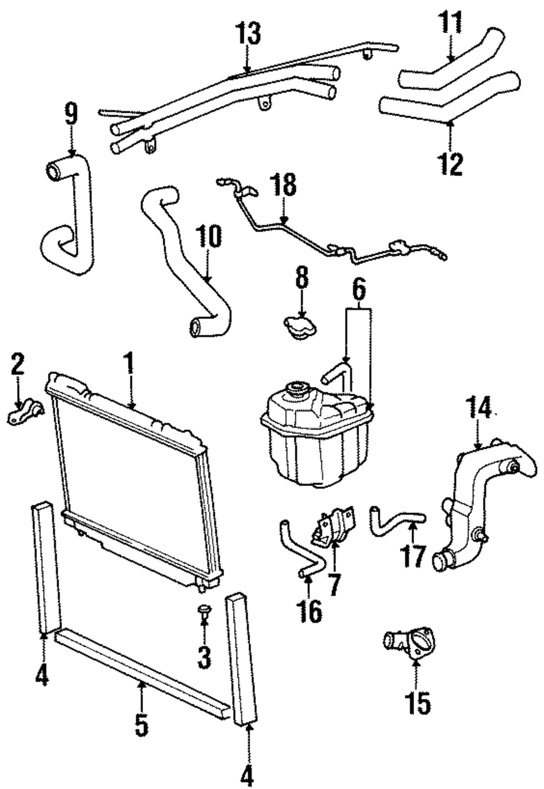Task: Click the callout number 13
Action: coord(248,34)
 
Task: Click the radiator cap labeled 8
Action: coord(298,326)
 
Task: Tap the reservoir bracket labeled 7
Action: coord(332,526)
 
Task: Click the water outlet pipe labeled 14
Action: coord(468,506)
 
